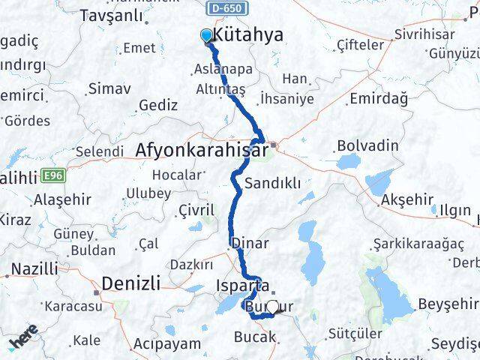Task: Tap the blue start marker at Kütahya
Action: point(206,34)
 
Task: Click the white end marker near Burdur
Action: point(273,307)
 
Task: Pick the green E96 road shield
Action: point(52,175)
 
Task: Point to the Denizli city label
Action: point(130,283)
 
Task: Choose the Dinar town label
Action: point(248,243)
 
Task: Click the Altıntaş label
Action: point(220,88)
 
